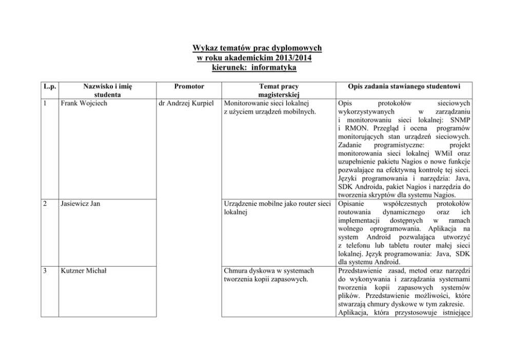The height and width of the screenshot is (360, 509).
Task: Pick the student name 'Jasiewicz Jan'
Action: pyautogui.click(x=80, y=203)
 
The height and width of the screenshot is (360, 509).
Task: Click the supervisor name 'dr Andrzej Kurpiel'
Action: pyautogui.click(x=188, y=103)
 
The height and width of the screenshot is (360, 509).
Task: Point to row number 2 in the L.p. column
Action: pyautogui.click(x=46, y=203)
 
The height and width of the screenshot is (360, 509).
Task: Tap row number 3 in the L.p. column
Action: pyautogui.click(x=46, y=271)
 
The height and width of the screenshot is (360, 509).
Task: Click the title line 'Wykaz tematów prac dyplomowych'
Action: pyautogui.click(x=257, y=48)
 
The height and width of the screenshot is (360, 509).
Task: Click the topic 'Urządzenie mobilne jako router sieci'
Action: pyautogui.click(x=277, y=203)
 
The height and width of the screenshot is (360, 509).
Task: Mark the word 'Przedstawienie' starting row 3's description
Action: pyautogui.click(x=361, y=271)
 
